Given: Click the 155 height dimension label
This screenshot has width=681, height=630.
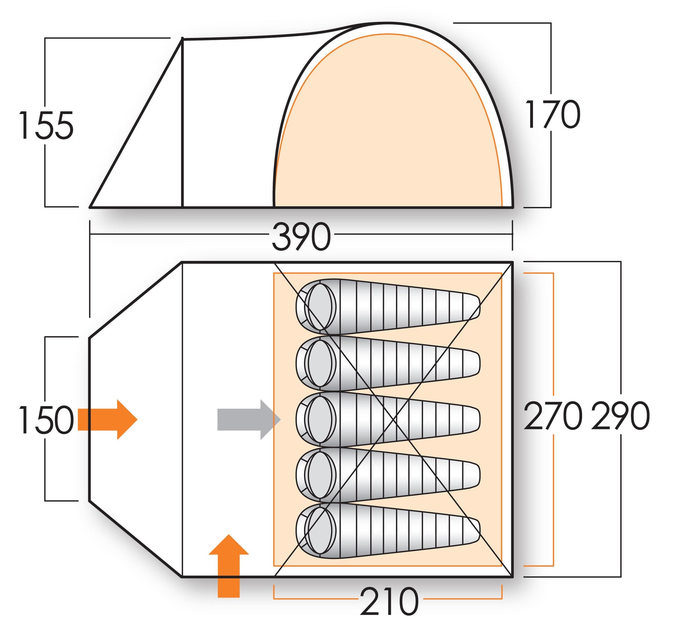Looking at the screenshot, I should click(46, 125).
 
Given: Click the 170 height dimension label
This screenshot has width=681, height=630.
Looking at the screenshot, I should click(553, 114).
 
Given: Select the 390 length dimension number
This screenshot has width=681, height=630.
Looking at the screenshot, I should click(301, 237).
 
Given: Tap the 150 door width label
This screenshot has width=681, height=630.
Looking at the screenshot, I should click(46, 420).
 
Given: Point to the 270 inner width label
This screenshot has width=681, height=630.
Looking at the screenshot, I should click(553, 416).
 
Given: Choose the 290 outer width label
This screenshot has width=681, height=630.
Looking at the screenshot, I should click(620, 416).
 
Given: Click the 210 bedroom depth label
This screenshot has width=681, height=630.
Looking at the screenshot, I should click(389, 602).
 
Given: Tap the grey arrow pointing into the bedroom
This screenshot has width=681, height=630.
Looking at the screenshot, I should click(248, 420).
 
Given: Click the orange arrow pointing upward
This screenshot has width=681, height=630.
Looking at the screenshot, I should click(229, 567).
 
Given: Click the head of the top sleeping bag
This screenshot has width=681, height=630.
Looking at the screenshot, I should click(320, 307).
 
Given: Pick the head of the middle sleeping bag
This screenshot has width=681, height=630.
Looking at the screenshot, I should click(320, 419).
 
